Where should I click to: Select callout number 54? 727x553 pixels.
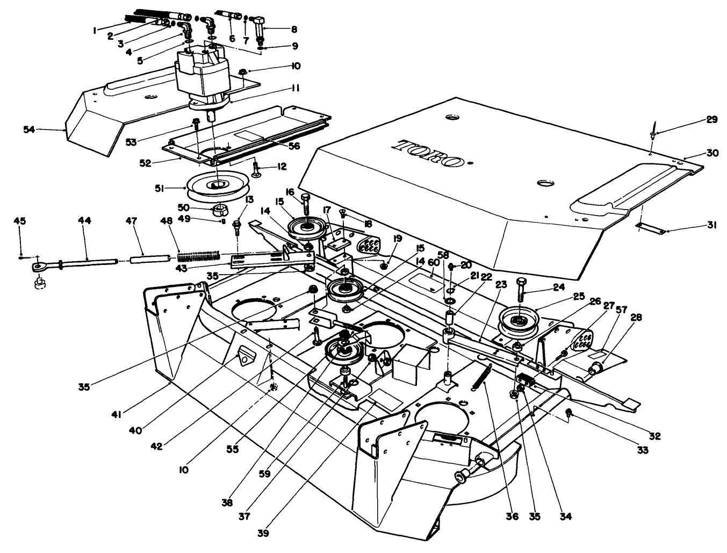[x=31, y=129]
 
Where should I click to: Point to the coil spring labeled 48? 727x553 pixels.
[x=199, y=254]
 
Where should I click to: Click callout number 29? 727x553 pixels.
[x=711, y=120]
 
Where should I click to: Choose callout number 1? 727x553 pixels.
[x=95, y=31]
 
